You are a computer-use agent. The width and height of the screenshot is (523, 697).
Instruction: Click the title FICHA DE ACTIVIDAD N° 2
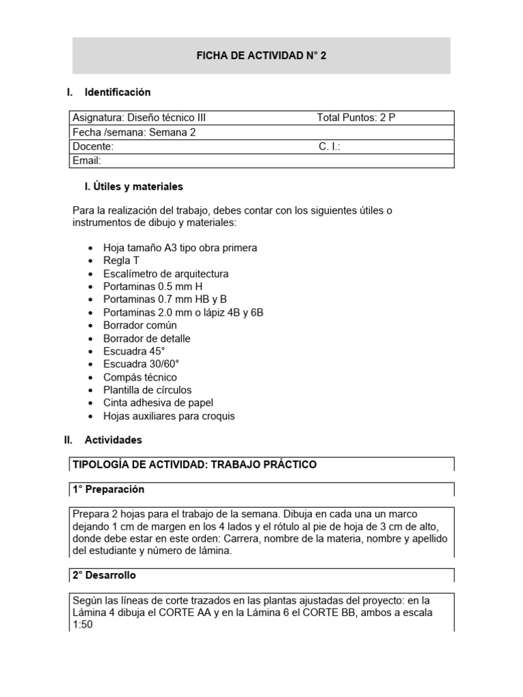click(261, 56)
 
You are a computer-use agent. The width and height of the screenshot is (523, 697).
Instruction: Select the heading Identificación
click(117, 92)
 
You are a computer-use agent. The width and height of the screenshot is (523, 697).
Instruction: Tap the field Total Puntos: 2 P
click(355, 118)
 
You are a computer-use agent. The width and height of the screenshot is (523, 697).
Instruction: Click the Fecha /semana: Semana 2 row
click(133, 133)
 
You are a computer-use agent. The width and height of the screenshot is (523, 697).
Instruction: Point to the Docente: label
click(93, 146)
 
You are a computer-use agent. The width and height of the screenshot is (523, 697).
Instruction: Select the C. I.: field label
click(330, 146)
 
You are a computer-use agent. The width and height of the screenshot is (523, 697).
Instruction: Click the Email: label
click(86, 161)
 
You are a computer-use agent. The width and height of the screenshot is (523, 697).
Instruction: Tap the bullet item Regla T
click(121, 261)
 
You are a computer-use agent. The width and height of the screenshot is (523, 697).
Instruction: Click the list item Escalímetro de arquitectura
click(165, 274)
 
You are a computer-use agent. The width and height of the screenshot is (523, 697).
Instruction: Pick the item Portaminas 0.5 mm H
click(153, 287)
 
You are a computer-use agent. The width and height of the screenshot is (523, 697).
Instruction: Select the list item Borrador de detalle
click(146, 338)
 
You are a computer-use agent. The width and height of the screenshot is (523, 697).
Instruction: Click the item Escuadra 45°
click(134, 351)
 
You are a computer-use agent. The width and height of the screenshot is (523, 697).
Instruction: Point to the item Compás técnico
click(140, 377)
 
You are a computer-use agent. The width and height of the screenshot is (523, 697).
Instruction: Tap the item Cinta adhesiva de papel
click(158, 403)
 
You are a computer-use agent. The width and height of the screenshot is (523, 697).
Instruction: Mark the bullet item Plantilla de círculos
click(147, 390)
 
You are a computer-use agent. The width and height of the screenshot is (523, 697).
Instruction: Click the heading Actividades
click(113, 440)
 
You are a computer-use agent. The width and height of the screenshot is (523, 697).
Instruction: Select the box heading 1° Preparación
click(108, 489)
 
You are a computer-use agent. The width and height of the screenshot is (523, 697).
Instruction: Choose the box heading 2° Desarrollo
click(104, 575)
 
